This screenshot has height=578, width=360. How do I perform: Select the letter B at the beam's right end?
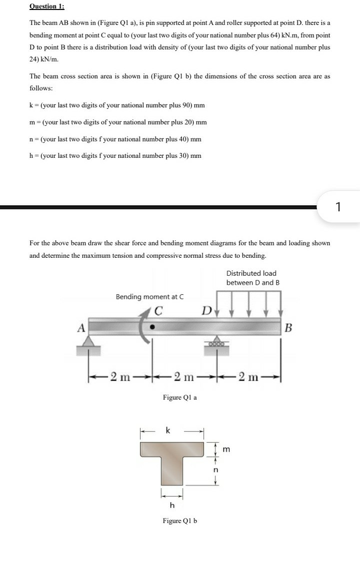[x=288, y=328]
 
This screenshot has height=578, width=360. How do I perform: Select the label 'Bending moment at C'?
[x=149, y=296]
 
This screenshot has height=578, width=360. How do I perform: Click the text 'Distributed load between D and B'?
[x=252, y=278]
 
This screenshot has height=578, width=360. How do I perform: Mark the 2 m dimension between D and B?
[x=249, y=376]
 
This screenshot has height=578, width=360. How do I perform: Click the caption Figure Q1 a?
[x=180, y=397]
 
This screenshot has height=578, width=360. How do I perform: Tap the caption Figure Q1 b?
[x=180, y=521]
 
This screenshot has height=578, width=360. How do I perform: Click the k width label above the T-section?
[x=168, y=430]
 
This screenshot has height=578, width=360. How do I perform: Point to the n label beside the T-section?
[x=216, y=470]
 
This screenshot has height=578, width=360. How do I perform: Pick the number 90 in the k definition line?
[x=181, y=105]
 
